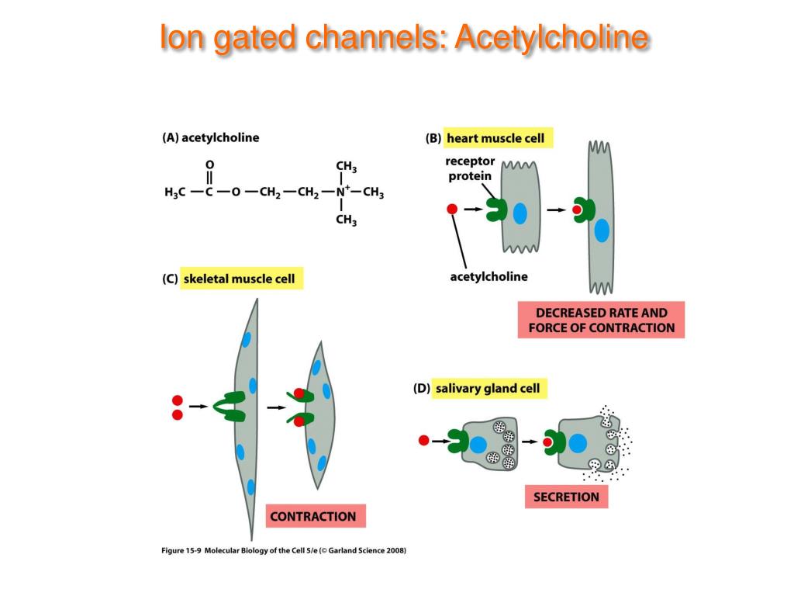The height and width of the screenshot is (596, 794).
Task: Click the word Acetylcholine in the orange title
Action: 551,37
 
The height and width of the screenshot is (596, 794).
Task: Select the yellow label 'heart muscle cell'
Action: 498,138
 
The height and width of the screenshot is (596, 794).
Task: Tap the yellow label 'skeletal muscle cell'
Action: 241,279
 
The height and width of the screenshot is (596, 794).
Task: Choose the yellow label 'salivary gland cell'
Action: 488,388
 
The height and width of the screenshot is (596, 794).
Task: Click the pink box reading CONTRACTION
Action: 316,516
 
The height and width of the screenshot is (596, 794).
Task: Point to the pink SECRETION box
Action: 566,497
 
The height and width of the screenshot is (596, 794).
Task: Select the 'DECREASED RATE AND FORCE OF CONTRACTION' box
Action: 601,320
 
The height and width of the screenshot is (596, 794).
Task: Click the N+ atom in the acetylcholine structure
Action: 343,191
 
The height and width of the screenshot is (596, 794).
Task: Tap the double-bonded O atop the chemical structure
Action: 209,165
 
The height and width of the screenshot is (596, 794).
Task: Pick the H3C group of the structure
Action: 175,192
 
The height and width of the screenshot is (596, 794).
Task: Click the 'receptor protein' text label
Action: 469,168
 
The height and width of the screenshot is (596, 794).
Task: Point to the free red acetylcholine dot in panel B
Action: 452,209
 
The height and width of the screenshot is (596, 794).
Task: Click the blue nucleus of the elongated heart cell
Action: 602,230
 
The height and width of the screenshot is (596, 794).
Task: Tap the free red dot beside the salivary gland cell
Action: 424,441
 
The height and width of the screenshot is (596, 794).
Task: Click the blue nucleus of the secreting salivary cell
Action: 577,443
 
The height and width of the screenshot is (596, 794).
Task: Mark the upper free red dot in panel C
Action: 178,400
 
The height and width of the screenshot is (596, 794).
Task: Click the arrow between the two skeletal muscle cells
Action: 277,407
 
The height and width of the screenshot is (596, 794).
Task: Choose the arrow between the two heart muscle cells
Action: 556,210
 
